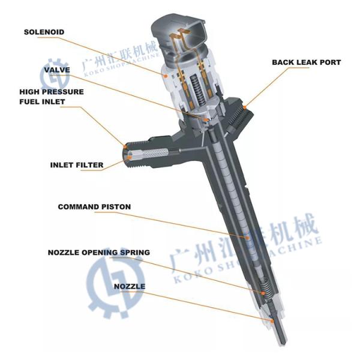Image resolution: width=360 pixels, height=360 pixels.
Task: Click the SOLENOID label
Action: [44, 31]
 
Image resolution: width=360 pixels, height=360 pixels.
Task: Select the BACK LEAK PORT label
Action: [306, 62]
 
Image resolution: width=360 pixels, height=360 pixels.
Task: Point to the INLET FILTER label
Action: [77, 164]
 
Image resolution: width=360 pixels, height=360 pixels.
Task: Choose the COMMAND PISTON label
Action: [94, 207]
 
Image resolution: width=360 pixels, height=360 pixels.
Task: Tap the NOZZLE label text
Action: [129, 286]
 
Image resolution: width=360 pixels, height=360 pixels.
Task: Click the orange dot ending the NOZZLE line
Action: [273, 320]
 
